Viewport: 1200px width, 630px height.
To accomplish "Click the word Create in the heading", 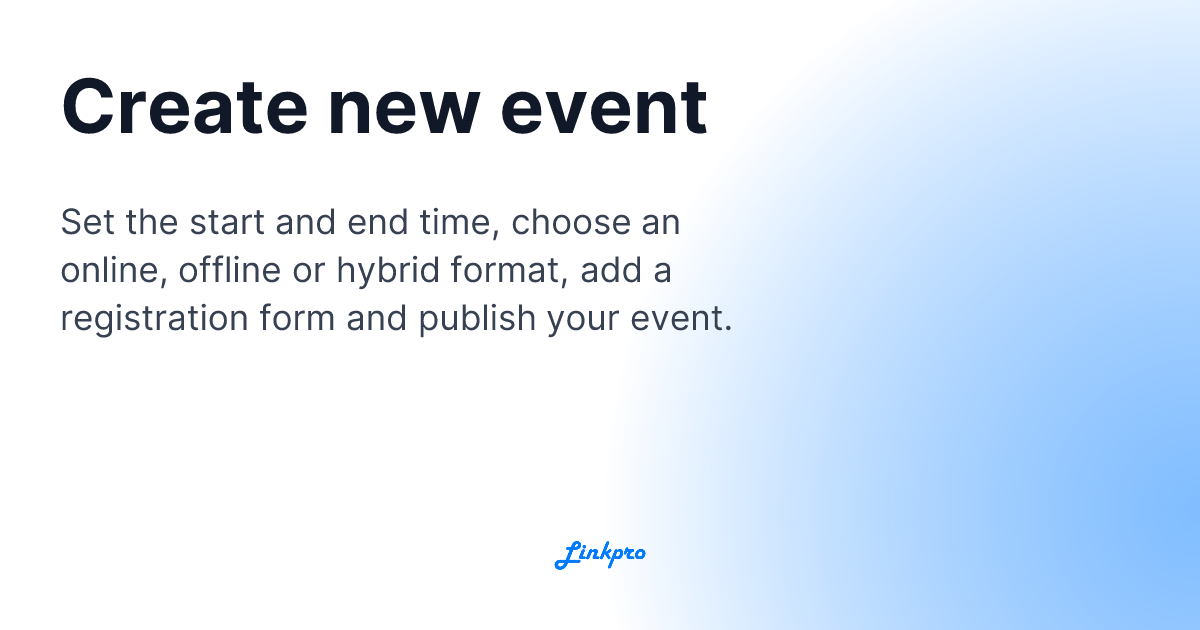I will [x=184, y=107].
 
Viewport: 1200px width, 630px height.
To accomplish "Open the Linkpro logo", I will [x=600, y=553].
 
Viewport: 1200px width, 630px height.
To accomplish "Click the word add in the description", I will [x=624, y=270].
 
